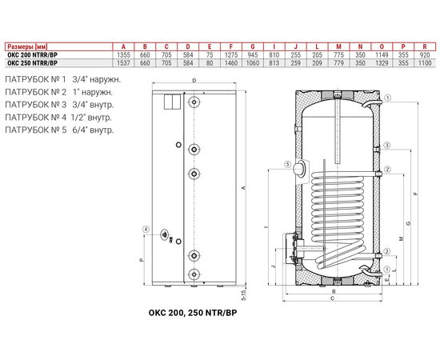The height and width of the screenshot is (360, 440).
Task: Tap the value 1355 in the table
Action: click(122, 54)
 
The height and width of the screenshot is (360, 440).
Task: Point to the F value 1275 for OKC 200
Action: click(231, 54)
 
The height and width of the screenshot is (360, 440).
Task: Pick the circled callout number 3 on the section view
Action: click(387, 146)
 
